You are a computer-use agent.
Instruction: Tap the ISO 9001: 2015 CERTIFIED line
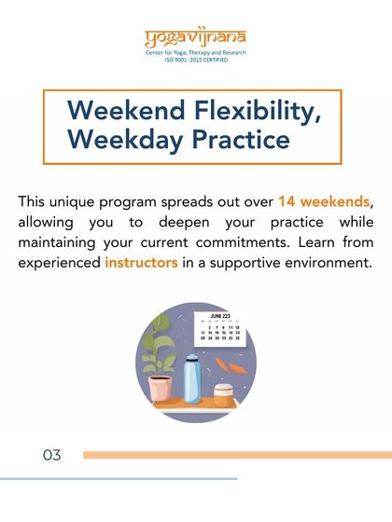(x=196, y=63)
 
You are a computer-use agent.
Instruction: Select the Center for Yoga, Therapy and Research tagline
(x=196, y=56)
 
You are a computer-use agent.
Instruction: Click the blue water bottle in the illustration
(x=191, y=378)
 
